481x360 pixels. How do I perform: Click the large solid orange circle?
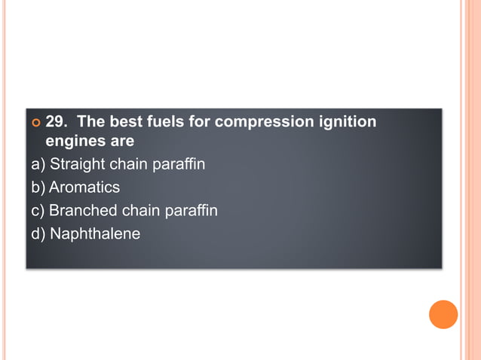(443, 314)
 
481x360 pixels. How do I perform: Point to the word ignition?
(341, 121)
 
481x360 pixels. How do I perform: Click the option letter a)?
(38, 163)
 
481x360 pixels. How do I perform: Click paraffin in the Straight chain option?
(179, 163)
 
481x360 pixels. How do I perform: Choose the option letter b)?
(38, 187)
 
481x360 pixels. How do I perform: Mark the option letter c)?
(38, 210)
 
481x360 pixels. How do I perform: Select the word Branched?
(83, 210)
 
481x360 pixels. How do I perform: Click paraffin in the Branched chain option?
(191, 210)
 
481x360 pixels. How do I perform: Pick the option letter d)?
(38, 233)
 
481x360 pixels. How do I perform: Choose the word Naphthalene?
(95, 233)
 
